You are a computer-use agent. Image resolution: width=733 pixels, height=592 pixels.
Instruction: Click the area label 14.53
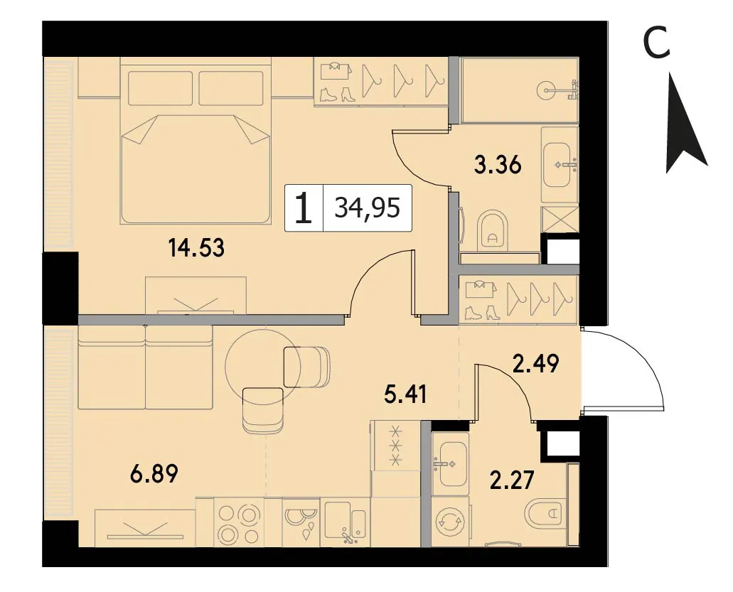pos(197,247)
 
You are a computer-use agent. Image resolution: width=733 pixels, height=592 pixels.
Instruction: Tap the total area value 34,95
pos(368,208)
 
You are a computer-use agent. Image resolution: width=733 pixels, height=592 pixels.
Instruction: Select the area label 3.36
pos(498,165)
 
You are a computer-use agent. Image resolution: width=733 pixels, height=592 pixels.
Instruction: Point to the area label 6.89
pos(154,475)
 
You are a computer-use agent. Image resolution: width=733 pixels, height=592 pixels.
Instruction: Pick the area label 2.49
pos(535,364)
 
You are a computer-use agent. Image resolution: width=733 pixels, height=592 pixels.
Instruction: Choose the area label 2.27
pos(512,480)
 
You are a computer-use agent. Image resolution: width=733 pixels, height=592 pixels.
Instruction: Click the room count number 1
pos(304,208)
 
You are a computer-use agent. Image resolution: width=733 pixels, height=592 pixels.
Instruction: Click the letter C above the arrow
pos(657,43)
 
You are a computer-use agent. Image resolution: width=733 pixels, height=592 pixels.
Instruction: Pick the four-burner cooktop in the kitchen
pos(239,522)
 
